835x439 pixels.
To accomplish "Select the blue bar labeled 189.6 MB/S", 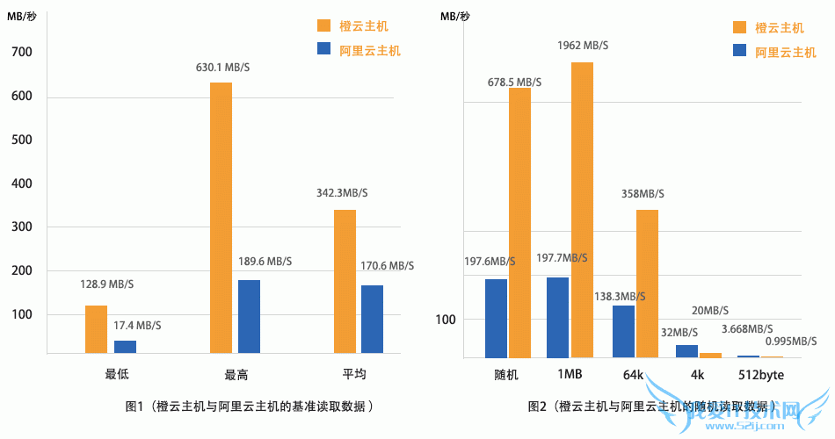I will tap(249, 317).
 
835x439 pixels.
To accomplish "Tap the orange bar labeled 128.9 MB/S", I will tap(96, 329).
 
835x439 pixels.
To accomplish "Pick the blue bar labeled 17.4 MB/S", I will tap(125, 347).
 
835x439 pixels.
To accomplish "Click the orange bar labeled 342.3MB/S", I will tap(345, 281).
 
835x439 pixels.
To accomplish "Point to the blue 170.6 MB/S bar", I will tap(373, 320).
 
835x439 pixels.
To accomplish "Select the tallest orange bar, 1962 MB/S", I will tap(582, 210).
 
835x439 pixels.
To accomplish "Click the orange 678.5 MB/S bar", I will tap(519, 223).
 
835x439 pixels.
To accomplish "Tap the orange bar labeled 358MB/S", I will tap(647, 284).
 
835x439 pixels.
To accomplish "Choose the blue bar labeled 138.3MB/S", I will tap(623, 331).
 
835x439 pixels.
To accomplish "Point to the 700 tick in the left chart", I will tap(21, 53).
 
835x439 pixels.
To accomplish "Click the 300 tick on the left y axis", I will tap(21, 227).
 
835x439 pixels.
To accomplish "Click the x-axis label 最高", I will tap(236, 375).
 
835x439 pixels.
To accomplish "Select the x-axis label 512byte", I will tap(759, 375).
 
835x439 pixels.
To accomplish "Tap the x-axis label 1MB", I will tap(570, 375).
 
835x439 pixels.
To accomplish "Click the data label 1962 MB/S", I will tap(583, 46).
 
